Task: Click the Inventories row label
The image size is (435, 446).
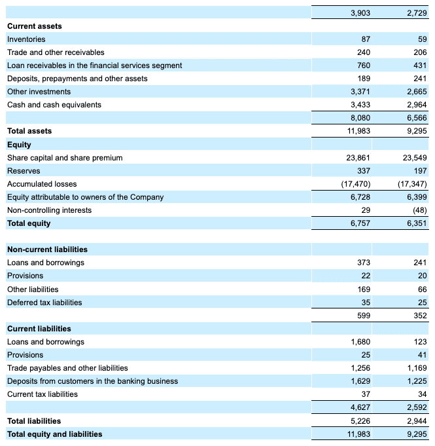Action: tap(26, 39)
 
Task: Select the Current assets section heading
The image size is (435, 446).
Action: tap(35, 26)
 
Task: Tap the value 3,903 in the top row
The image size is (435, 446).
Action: tap(360, 12)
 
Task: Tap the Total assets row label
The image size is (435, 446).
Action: tap(29, 131)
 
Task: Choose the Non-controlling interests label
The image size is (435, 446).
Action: tap(49, 210)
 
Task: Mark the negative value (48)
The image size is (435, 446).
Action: tap(417, 210)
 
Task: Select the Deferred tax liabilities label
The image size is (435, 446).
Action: tap(44, 303)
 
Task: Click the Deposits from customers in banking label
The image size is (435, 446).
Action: tap(92, 381)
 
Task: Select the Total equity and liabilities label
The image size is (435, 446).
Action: tap(55, 434)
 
